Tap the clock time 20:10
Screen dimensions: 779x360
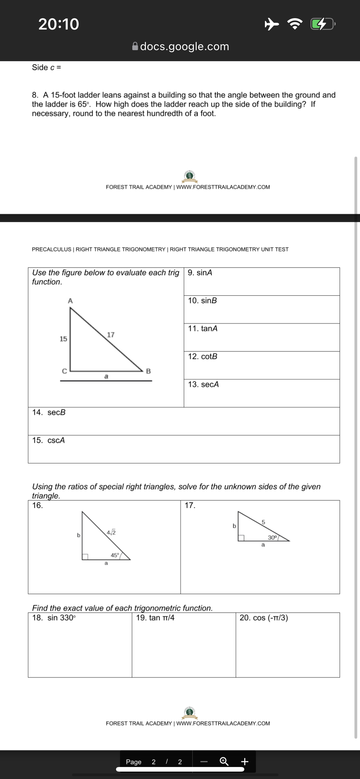[59, 24]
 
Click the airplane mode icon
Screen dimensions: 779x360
[271, 24]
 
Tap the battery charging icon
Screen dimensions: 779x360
[322, 24]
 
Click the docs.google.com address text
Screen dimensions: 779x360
[184, 46]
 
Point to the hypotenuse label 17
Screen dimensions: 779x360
[111, 335]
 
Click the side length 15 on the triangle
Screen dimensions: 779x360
[63, 339]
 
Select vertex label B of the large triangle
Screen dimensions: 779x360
[148, 371]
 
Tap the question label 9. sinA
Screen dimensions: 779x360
[200, 273]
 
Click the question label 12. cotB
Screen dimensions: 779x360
[203, 357]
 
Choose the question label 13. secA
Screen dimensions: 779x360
[203, 385]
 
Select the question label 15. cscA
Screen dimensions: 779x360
[49, 441]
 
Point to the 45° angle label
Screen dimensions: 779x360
[115, 555]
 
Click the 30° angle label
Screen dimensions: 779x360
[273, 537]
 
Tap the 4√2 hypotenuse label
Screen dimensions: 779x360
[111, 532]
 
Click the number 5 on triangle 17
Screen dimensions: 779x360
[263, 522]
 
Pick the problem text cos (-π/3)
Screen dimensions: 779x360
[264, 618]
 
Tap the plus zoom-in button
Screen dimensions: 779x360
[245, 761]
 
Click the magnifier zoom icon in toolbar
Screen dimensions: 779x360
[224, 761]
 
